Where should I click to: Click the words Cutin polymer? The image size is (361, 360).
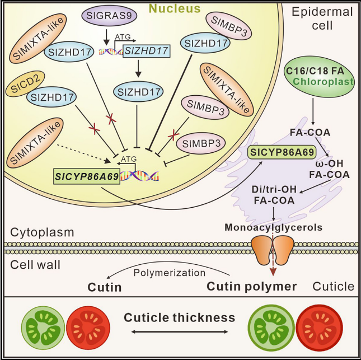point(251,286)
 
